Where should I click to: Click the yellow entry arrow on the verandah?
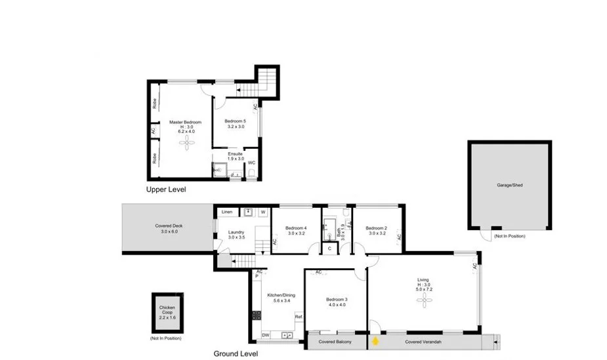coord(375,341)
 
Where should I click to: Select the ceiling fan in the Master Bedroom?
coord(187,142)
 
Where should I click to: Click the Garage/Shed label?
coord(510,185)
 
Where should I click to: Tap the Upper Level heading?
coord(166,190)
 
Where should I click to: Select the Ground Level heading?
coord(236,353)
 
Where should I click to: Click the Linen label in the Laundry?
coord(227,212)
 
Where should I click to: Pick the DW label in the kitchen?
coord(265,335)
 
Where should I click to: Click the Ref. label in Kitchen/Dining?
coord(299,317)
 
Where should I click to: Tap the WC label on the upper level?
coord(251,162)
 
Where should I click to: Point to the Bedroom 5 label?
coord(235,121)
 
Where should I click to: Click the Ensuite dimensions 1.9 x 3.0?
coord(236,159)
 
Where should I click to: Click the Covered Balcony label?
coord(335,342)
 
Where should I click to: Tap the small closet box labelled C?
coord(329,249)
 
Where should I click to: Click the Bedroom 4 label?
coord(297,228)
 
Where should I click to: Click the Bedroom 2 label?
coord(377,228)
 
